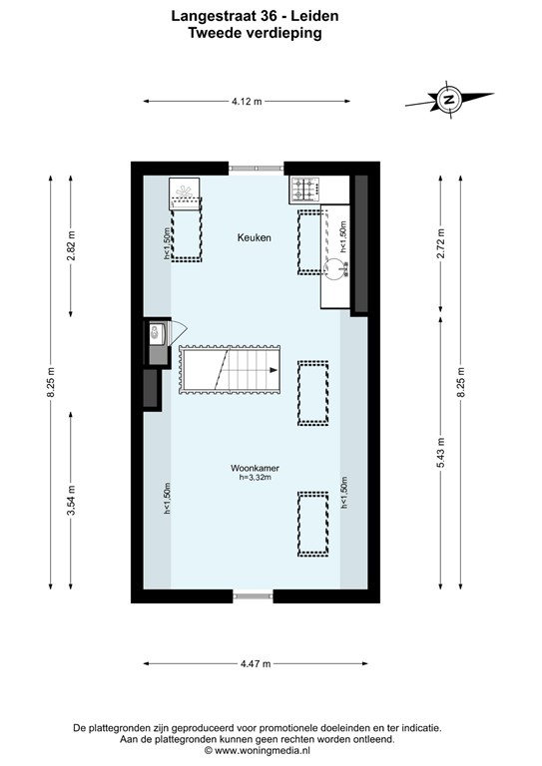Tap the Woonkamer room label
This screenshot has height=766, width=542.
pyautogui.click(x=255, y=467)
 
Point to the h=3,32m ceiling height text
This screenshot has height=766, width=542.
pyautogui.click(x=256, y=478)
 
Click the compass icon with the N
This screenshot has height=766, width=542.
pyautogui.click(x=449, y=99)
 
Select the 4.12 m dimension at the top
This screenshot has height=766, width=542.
pyautogui.click(x=246, y=101)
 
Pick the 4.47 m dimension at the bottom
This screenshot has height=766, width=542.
pyautogui.click(x=256, y=663)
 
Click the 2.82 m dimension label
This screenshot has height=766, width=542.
pyautogui.click(x=71, y=244)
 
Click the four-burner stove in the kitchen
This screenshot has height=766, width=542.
pyautogui.click(x=303, y=188)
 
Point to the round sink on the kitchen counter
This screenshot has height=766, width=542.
pyautogui.click(x=336, y=266)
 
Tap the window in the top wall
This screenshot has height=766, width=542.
pyautogui.click(x=256, y=169)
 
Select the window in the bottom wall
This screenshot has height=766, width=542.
pyautogui.click(x=254, y=596)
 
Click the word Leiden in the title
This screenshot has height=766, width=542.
pyautogui.click(x=316, y=16)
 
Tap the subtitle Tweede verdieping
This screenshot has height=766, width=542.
pyautogui.click(x=255, y=32)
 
